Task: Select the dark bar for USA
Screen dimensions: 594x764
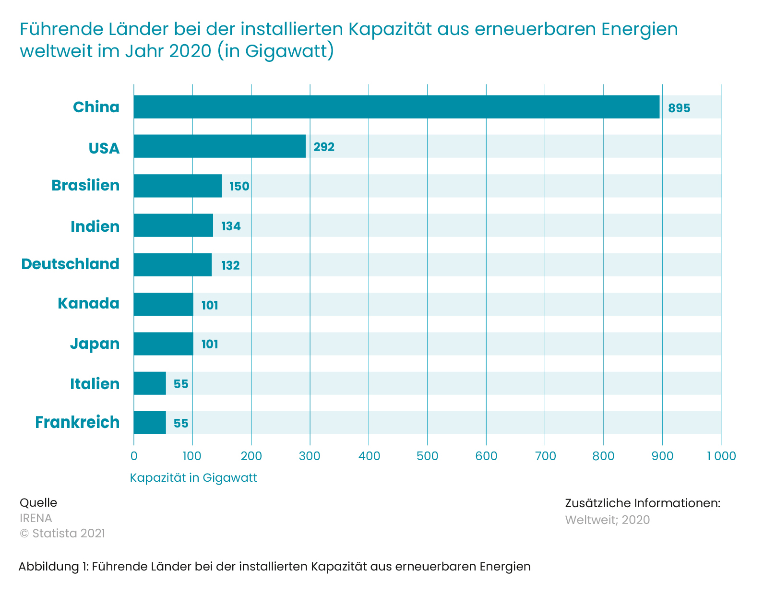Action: (219, 146)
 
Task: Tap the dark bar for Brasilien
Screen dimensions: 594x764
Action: (178, 186)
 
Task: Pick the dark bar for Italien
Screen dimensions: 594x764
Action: (150, 383)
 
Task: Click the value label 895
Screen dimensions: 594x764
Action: (679, 108)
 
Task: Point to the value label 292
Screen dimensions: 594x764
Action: (324, 147)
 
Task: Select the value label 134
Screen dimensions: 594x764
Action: (231, 226)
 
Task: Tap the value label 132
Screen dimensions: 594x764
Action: (230, 265)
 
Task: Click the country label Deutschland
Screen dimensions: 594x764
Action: (70, 264)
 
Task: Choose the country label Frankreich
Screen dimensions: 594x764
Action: (77, 422)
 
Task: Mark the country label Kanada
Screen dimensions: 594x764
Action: (88, 303)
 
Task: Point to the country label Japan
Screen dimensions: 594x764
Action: (95, 344)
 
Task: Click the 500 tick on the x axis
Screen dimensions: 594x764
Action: (428, 456)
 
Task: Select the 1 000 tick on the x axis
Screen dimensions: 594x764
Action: (721, 456)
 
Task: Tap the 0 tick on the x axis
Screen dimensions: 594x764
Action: (134, 456)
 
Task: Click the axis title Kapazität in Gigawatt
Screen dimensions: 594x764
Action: (193, 478)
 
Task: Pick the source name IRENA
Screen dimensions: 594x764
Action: (36, 518)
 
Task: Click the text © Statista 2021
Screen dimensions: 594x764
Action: (62, 534)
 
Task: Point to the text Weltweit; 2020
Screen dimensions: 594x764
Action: (607, 520)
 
